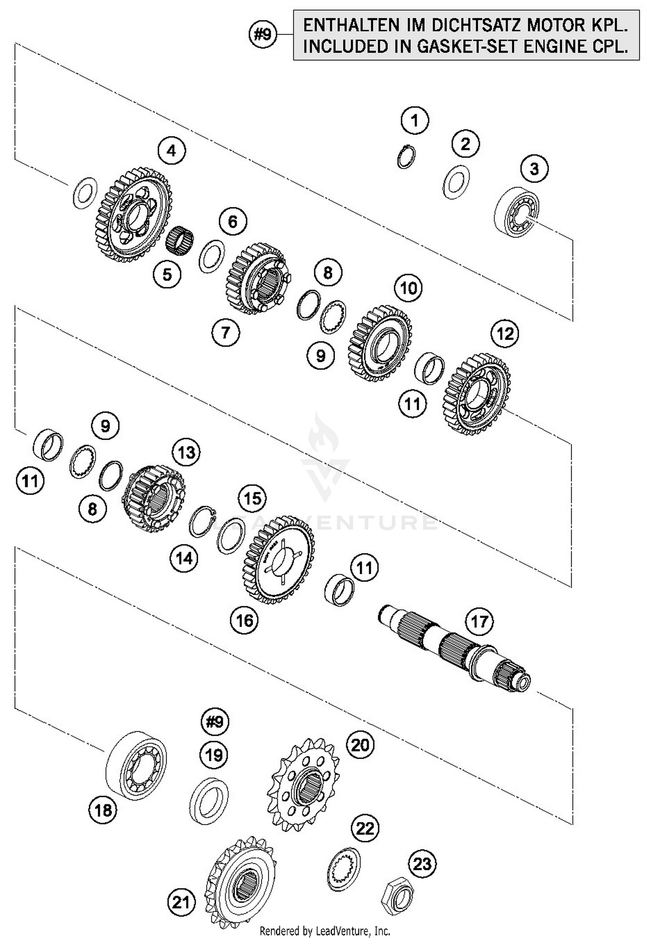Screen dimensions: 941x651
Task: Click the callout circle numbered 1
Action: [x=414, y=120]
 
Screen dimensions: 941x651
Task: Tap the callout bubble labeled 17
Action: [x=479, y=621]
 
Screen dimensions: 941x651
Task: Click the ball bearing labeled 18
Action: [x=136, y=765]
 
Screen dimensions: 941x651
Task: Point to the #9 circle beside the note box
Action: [x=263, y=34]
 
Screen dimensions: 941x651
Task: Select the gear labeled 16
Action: [x=279, y=560]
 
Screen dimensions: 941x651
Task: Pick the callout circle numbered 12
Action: [x=505, y=334]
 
